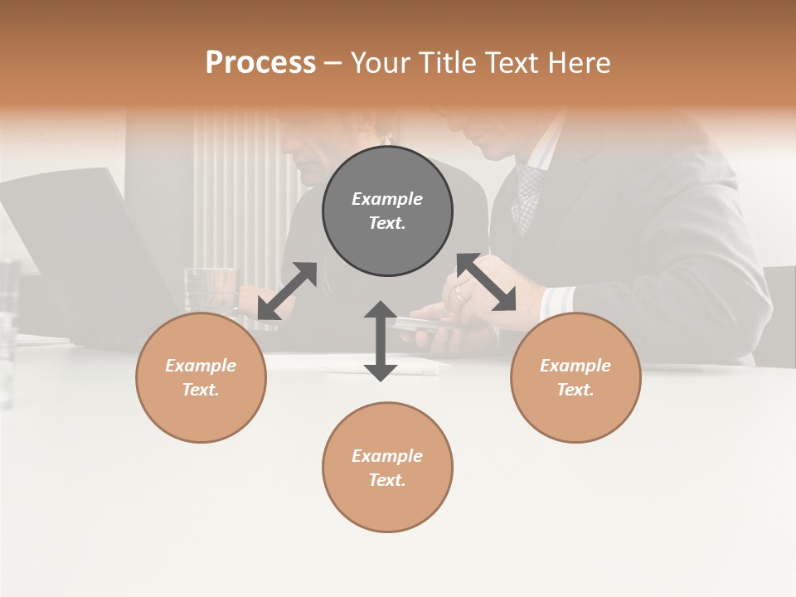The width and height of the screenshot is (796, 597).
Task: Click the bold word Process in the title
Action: pos(260,63)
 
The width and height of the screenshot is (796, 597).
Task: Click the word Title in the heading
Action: pos(442,63)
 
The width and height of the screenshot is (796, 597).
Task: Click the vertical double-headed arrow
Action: pos(381,341)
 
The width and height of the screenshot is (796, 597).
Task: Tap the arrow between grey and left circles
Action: pos(287,291)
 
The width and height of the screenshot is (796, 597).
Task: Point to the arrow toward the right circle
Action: pos(487,283)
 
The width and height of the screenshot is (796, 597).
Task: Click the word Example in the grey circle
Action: pos(387,199)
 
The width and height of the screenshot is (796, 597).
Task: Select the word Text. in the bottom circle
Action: pos(387,480)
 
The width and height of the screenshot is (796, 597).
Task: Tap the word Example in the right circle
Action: pos(575,366)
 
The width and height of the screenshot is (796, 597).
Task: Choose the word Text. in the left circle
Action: pos(201,390)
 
